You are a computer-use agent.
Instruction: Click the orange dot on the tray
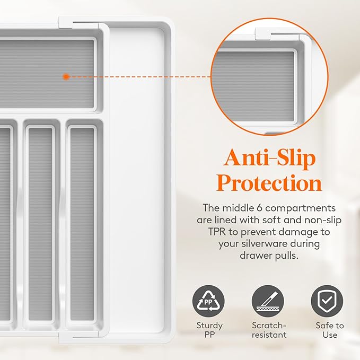[x=66, y=77]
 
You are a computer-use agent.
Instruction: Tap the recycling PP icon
[x=208, y=301]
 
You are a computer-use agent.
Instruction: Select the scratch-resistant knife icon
[x=268, y=301]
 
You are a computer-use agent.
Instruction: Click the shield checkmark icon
[x=327, y=301]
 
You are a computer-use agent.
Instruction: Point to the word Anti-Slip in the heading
[x=269, y=158]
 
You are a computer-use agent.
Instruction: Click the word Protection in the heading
[x=269, y=183]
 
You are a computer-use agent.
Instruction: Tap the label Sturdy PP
[x=209, y=330]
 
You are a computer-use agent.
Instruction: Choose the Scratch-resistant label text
[x=269, y=330]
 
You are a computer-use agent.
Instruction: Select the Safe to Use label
[x=330, y=330]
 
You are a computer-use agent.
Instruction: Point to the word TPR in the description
[x=217, y=232]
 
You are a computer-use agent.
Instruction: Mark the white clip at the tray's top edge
[x=66, y=22]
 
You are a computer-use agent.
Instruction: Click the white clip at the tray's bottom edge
[x=66, y=337]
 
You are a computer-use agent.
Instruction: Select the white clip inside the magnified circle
[x=263, y=33]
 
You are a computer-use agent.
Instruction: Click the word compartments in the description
[x=300, y=208]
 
